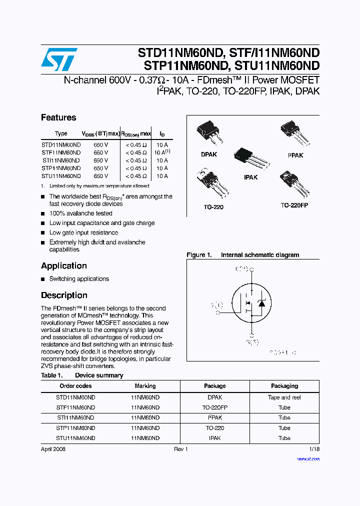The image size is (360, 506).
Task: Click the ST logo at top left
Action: [58, 59]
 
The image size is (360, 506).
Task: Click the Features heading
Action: [58, 117]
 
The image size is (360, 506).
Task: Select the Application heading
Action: [64, 266]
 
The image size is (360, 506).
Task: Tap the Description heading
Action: [64, 295]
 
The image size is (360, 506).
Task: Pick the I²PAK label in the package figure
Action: [295, 155]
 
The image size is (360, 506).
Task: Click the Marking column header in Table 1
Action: [145, 386]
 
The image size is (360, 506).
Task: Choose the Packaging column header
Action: [284, 386]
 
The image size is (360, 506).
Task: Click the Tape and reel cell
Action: [284, 397]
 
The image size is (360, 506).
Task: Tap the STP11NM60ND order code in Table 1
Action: [75, 428]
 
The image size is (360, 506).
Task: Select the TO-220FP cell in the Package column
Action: [214, 407]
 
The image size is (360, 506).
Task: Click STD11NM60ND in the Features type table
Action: [61, 144]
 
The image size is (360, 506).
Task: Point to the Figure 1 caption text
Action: [243, 255]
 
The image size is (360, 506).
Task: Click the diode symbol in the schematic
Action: [261, 303]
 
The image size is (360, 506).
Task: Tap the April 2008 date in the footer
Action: [53, 449]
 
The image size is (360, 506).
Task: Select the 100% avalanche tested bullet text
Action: [81, 213]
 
